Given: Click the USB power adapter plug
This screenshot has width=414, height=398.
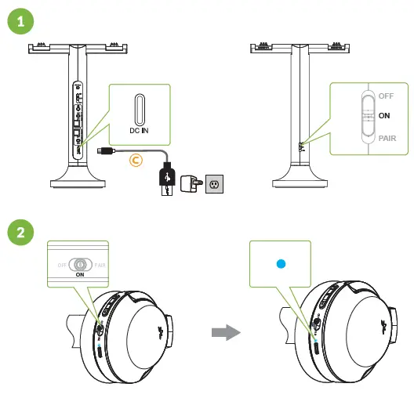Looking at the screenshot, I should coord(188,185).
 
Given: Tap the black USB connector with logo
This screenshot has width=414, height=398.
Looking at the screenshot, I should coord(166,175).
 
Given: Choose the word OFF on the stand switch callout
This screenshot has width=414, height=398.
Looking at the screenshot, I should coord(385,96).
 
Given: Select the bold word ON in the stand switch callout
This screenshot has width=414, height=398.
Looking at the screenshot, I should coord(384,115).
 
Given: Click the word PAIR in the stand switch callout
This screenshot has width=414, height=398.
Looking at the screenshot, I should coord(387,136).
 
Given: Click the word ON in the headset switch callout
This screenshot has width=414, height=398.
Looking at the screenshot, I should coord(80,275).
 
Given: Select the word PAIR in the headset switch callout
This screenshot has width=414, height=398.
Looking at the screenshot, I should coord(100,265).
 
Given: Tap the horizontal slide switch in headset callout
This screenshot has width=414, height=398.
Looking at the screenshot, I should coord(80,265).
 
